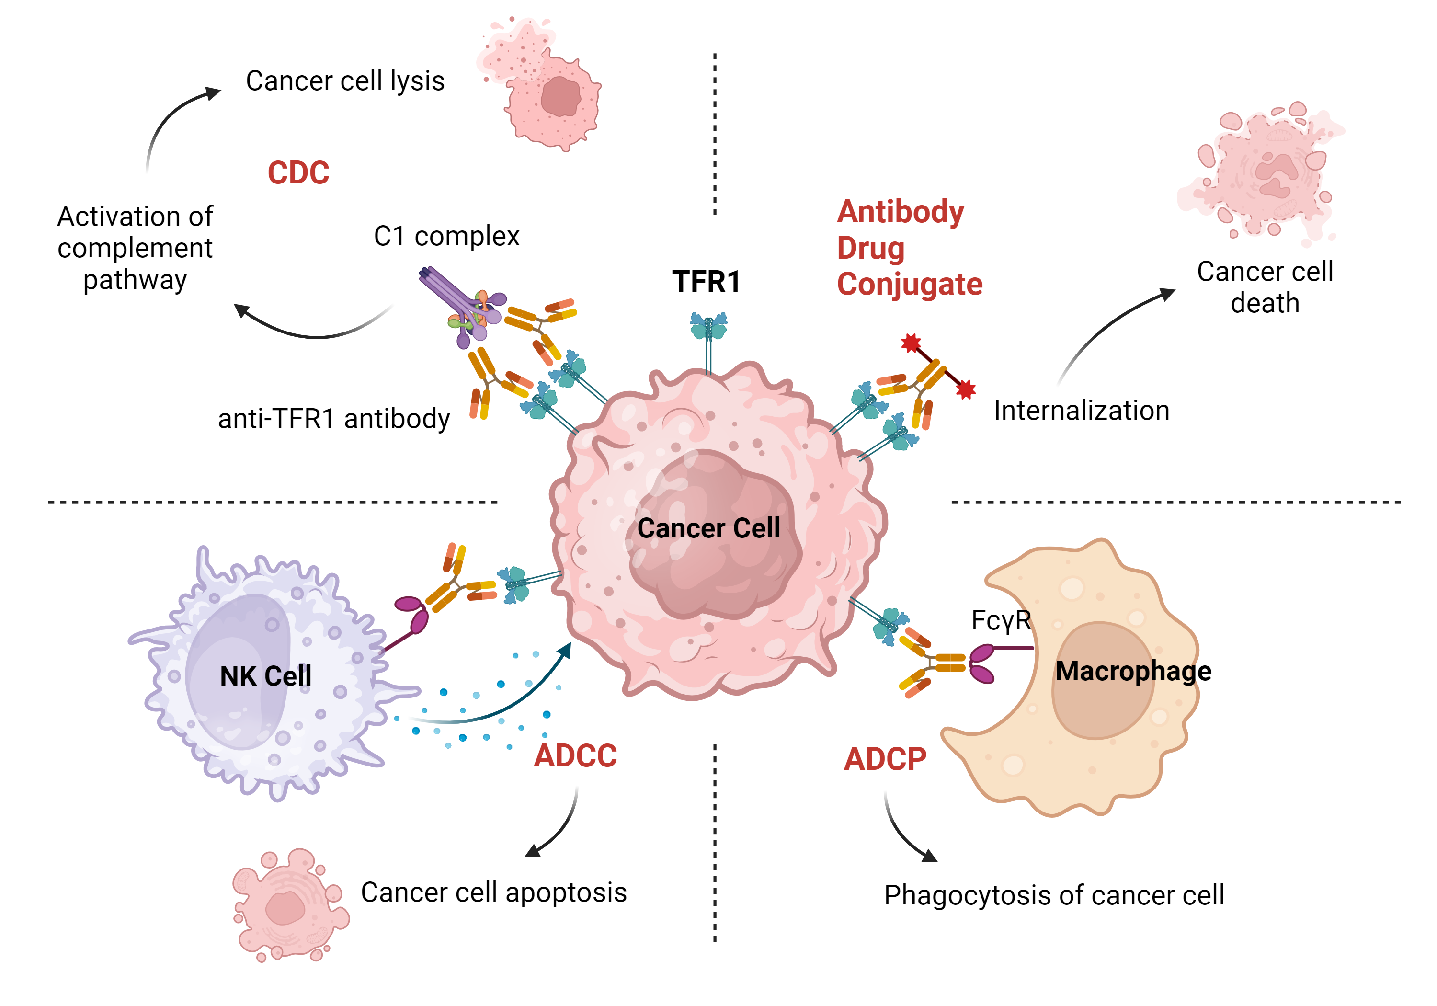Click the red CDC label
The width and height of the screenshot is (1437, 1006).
tap(298, 173)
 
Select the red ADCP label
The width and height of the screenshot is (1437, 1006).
tap(884, 759)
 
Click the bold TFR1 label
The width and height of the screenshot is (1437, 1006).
tap(706, 282)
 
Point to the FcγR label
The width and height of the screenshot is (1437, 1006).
tap(1000, 620)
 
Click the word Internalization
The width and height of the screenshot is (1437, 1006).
tap(1081, 411)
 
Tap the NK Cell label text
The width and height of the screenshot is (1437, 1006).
tap(265, 676)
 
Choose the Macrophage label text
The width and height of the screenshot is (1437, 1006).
tap(1133, 671)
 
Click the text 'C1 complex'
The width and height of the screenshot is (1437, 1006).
tap(446, 237)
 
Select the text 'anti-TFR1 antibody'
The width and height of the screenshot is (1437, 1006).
tap(333, 419)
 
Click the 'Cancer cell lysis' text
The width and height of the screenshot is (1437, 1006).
tap(345, 81)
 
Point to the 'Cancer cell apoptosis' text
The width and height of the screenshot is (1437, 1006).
tap(493, 892)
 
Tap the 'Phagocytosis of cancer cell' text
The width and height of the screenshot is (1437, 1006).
tap(1053, 895)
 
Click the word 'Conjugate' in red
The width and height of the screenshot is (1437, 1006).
tap(910, 285)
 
